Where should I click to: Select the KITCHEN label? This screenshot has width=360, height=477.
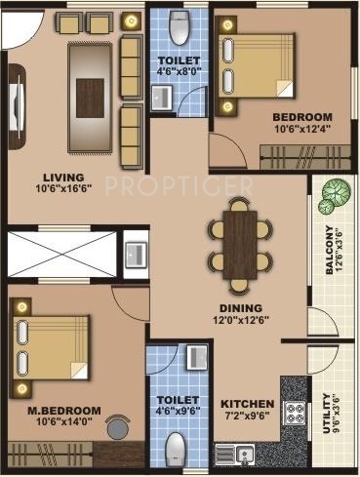click(245, 404)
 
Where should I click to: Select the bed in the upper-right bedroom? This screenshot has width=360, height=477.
click(256, 63)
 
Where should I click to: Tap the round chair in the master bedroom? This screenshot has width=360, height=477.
click(117, 430)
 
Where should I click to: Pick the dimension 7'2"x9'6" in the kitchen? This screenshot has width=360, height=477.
click(245, 417)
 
